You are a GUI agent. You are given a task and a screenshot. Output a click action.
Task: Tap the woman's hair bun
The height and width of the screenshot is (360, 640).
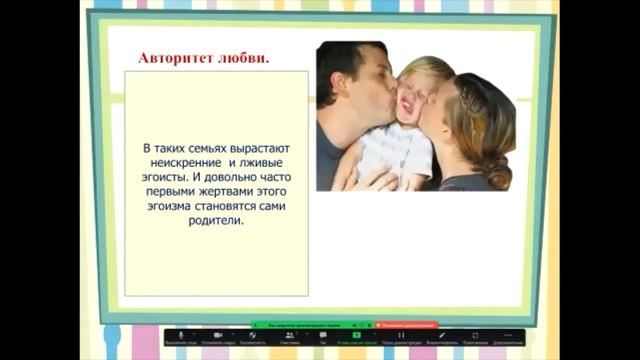coord(496,170)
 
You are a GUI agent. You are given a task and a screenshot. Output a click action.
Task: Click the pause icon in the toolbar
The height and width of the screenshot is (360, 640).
coord(401,335)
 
